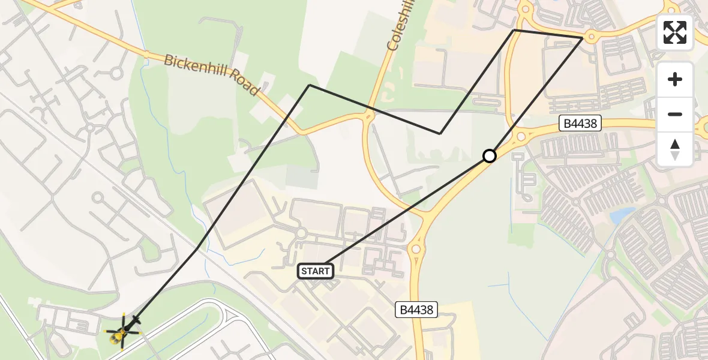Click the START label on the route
[x=315, y=271]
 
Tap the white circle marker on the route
[x=490, y=156]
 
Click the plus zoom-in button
[x=675, y=80]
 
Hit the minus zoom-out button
[x=675, y=114]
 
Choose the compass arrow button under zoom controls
[x=675, y=149]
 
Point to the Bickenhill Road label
[x=211, y=75]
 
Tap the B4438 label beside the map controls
[x=580, y=124]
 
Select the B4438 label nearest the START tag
[x=416, y=310]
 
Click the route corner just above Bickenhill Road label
[x=309, y=85]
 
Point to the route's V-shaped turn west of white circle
[x=440, y=134]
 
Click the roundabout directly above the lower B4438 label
[x=416, y=248]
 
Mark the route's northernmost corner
[x=514, y=29]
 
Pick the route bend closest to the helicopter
[x=197, y=249]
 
